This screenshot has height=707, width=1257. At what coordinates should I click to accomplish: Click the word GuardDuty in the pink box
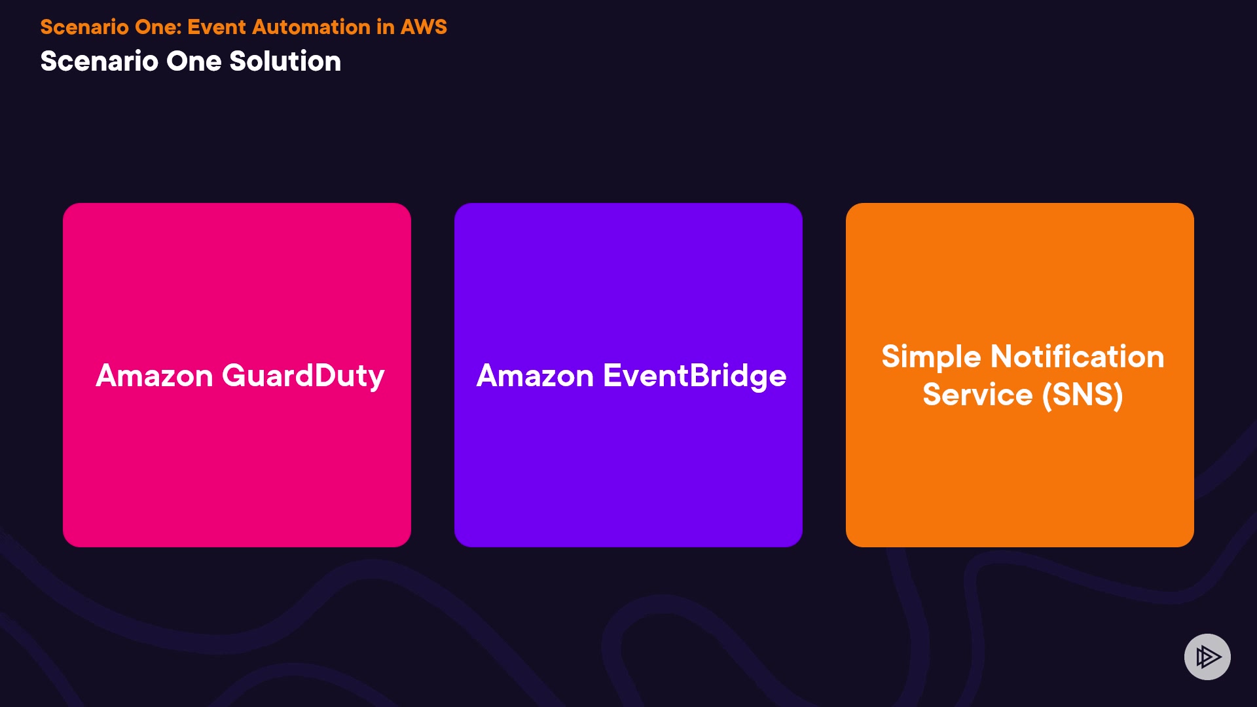click(x=303, y=376)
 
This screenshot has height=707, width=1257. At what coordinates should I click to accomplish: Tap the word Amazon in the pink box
click(x=155, y=376)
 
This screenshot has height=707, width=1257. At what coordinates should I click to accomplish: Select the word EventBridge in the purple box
click(x=695, y=376)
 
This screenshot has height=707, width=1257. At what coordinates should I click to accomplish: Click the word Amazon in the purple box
click(x=535, y=376)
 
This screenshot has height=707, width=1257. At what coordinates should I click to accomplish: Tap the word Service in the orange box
click(x=977, y=395)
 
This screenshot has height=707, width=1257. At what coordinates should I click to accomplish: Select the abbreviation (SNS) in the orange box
click(x=1082, y=395)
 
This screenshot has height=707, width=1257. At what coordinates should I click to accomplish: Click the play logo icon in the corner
click(x=1207, y=657)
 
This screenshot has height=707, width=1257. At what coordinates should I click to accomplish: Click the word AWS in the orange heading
click(x=424, y=27)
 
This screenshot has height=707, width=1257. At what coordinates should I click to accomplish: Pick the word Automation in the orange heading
click(x=312, y=27)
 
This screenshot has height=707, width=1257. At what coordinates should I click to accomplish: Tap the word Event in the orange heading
click(x=217, y=27)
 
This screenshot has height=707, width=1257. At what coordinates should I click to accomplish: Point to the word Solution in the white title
click(x=285, y=61)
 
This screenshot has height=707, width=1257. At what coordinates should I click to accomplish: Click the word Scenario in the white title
click(x=99, y=61)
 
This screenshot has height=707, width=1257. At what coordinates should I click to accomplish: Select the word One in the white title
click(x=194, y=61)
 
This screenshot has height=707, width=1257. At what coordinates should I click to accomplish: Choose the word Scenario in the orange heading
click(x=84, y=27)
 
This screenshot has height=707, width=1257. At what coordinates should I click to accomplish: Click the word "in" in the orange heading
click(x=386, y=27)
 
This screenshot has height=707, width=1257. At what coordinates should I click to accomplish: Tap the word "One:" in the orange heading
click(x=158, y=27)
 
